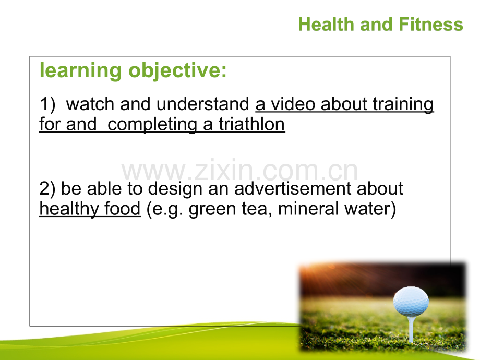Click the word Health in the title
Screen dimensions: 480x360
point(326,25)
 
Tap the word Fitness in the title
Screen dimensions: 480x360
point(431,25)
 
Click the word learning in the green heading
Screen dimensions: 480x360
point(81,71)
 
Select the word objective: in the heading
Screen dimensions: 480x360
point(177,71)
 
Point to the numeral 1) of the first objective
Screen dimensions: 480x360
point(47,104)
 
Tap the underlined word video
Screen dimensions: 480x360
point(293,104)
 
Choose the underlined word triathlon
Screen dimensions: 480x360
point(251,124)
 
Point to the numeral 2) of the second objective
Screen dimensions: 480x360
point(47,188)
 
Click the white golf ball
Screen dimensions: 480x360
point(411,302)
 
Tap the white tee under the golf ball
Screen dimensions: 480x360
point(411,329)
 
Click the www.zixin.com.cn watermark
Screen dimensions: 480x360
point(239,171)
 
